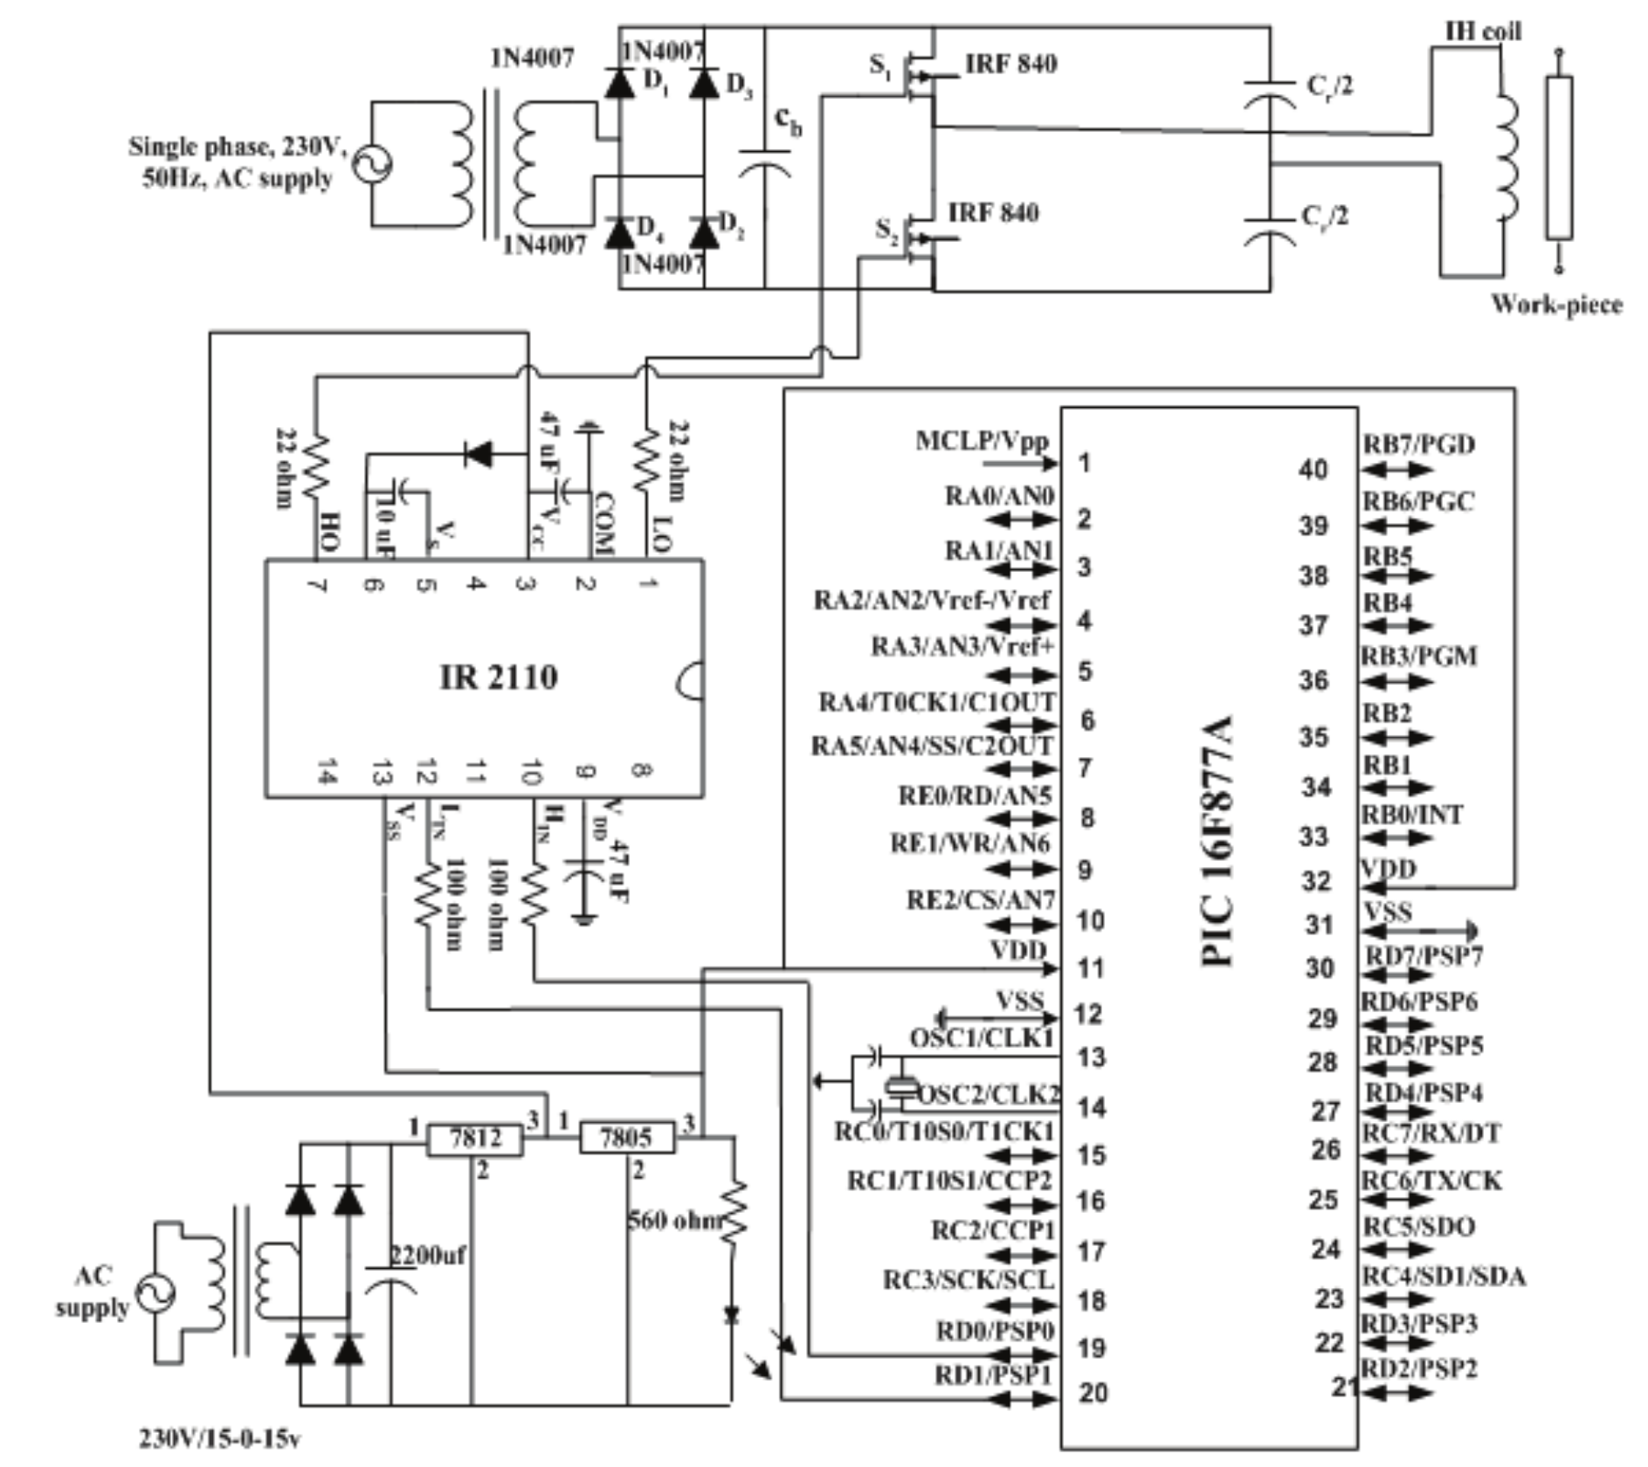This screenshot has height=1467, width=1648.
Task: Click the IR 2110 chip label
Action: tap(498, 677)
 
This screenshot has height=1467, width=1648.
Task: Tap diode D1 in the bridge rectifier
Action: tap(620, 82)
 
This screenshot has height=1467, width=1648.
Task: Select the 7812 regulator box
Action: tap(475, 1139)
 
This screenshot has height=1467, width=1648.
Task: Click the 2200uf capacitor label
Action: tap(427, 1256)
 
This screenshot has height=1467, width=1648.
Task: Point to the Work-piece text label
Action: tap(1556, 305)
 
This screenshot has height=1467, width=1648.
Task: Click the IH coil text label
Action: tap(1483, 31)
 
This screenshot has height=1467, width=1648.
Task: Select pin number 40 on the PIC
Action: tap(1313, 470)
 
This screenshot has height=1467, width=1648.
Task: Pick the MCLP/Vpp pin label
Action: tap(981, 441)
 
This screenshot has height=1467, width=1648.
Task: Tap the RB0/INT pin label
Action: tap(1412, 815)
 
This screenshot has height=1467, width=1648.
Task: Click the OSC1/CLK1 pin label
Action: tap(982, 1038)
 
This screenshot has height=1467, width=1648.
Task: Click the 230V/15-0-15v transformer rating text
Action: tap(220, 1438)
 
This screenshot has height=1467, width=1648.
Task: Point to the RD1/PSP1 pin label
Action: tap(993, 1375)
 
